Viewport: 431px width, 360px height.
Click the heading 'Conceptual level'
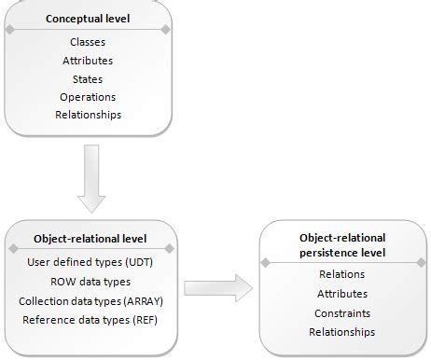pyautogui.click(x=88, y=19)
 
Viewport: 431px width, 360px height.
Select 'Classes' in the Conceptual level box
pyautogui.click(x=88, y=42)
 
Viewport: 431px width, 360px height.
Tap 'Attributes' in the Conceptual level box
pyautogui.click(x=88, y=61)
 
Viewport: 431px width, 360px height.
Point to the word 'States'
pyautogui.click(x=88, y=79)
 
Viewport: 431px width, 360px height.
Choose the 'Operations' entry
pyautogui.click(x=88, y=97)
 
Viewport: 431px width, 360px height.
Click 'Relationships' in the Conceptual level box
pyautogui.click(x=88, y=116)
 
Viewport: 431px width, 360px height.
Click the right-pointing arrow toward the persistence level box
pyautogui.click(x=218, y=287)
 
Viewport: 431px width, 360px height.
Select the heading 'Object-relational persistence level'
pyautogui.click(x=341, y=245)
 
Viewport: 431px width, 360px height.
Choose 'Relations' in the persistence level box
pyautogui.click(x=341, y=274)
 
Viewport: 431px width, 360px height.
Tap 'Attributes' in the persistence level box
pyautogui.click(x=341, y=294)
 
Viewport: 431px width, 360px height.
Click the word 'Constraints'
pyautogui.click(x=341, y=312)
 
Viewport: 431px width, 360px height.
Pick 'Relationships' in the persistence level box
pyautogui.click(x=341, y=331)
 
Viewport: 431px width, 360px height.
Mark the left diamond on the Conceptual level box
pyautogui.click(x=9, y=31)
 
